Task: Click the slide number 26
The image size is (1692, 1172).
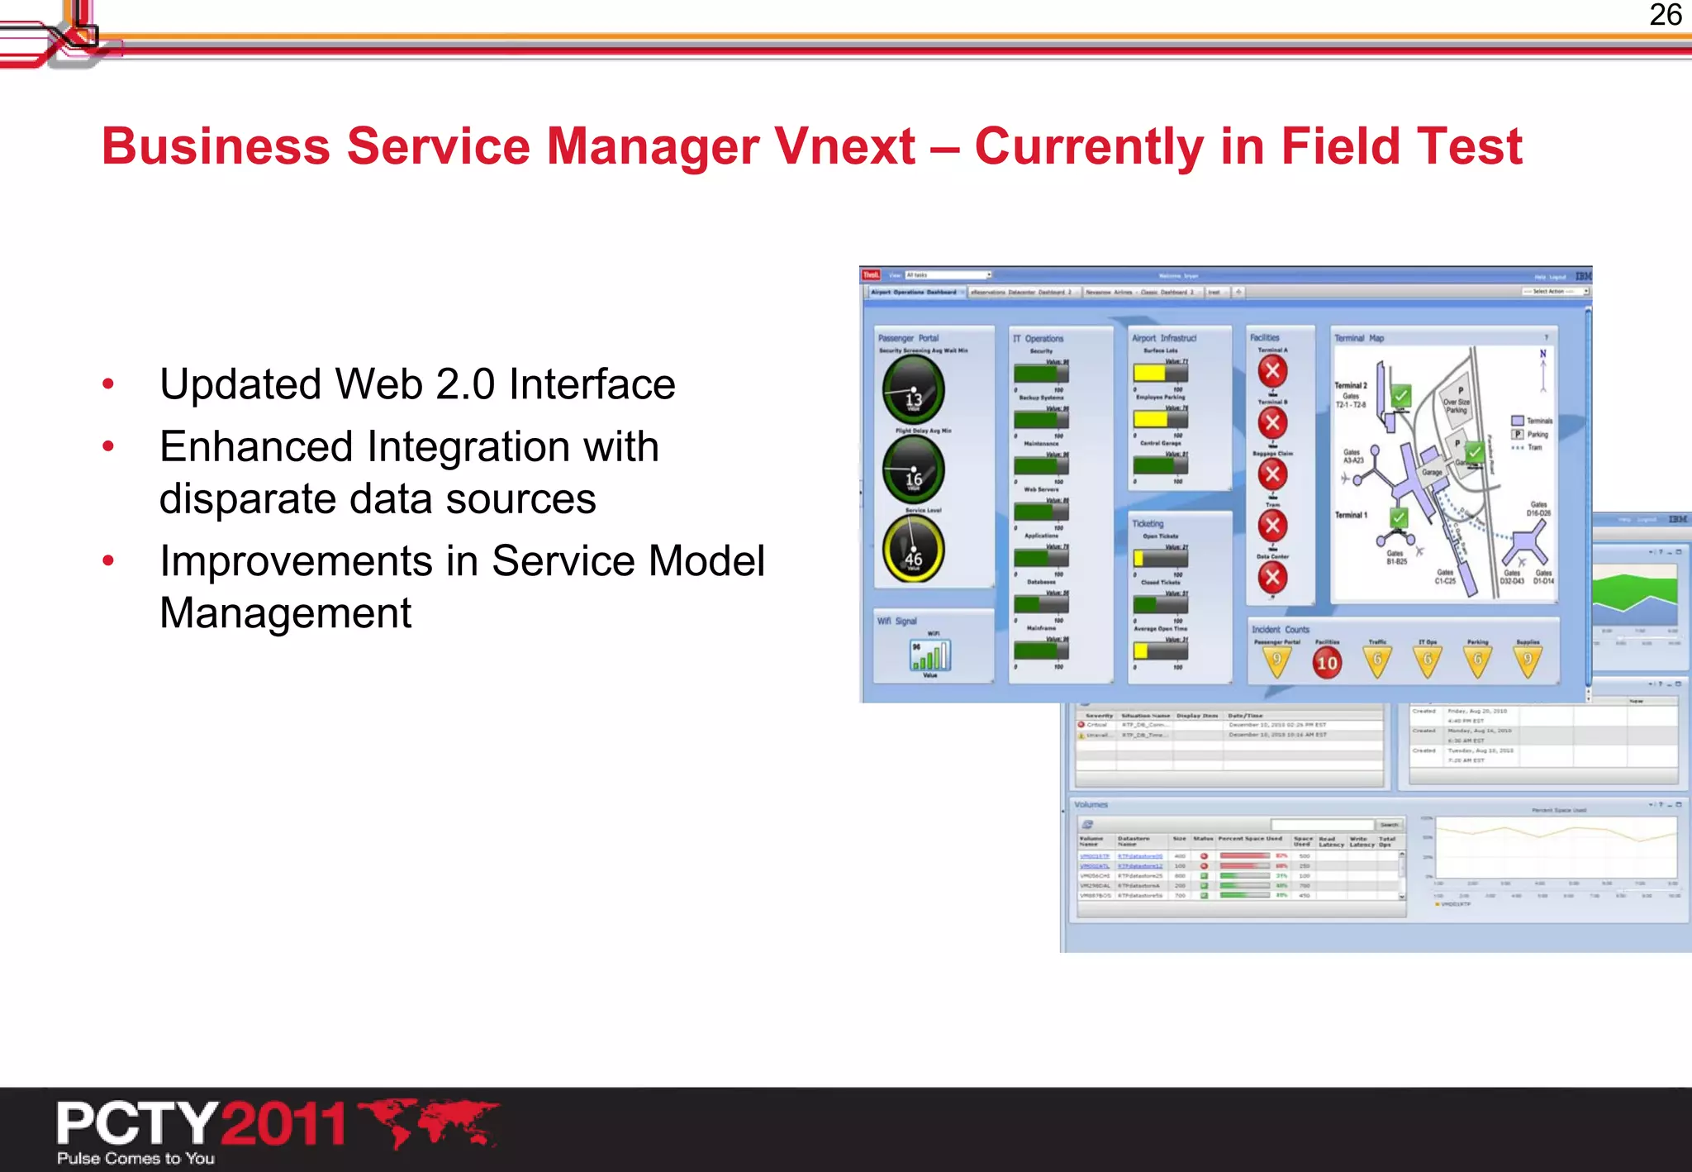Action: (1665, 16)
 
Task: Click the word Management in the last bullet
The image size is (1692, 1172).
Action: (285, 613)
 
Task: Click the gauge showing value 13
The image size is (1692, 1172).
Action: (913, 391)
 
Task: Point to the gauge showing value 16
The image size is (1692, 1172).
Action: (913, 470)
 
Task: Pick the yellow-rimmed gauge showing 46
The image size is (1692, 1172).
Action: (913, 550)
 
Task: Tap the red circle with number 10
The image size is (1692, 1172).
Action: (1327, 662)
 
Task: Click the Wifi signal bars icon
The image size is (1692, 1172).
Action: (930, 656)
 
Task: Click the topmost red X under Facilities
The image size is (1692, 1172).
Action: (1272, 372)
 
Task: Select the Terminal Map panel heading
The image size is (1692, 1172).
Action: (1358, 338)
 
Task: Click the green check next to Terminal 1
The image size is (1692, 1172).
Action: (1398, 518)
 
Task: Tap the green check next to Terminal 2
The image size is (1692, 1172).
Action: (1400, 396)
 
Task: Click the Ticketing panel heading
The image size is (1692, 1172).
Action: (1147, 524)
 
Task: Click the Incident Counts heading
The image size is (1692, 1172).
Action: (1280, 630)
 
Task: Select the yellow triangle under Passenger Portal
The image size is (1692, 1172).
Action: (1276, 661)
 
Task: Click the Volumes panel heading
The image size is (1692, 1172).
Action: (1091, 805)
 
